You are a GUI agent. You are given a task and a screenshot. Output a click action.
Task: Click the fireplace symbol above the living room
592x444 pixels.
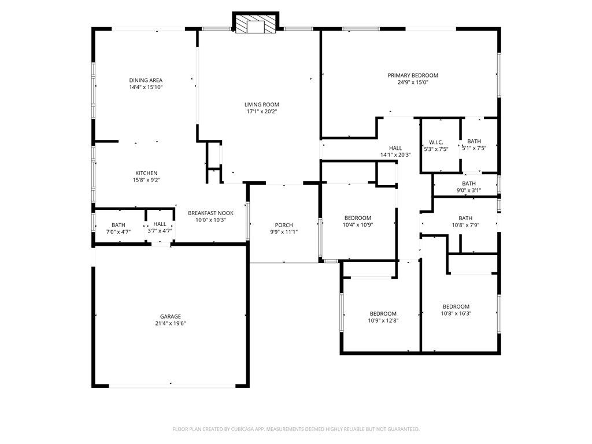256,24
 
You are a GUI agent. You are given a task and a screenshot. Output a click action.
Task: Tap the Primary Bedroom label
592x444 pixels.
412,75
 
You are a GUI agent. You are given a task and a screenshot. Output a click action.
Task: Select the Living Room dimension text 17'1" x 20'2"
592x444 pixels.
261,112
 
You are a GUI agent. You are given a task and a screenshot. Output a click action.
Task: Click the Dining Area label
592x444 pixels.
145,80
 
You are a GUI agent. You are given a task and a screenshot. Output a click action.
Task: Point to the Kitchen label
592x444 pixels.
146,173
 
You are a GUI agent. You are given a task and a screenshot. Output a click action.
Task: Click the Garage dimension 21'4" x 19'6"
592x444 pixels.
170,323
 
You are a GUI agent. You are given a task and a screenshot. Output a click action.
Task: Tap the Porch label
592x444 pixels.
283,225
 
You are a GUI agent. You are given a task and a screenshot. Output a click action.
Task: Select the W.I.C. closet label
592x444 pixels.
435,142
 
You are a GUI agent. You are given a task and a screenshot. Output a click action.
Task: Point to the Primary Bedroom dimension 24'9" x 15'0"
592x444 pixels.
412,82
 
